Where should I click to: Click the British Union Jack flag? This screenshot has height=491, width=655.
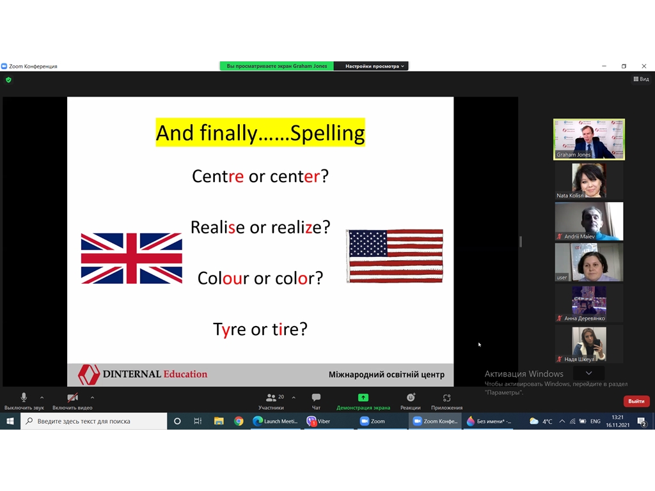(x=132, y=258)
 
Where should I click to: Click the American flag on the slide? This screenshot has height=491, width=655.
(x=395, y=256)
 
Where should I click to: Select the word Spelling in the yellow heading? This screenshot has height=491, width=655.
(x=327, y=133)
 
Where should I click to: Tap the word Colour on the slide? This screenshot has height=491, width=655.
(x=223, y=278)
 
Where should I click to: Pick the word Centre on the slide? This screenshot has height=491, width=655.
(x=217, y=176)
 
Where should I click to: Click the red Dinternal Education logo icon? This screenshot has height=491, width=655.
(x=88, y=374)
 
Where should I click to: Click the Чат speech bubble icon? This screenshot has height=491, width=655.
(x=316, y=397)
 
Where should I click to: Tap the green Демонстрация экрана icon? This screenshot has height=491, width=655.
(x=363, y=398)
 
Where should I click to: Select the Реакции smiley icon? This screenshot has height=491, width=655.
(x=411, y=397)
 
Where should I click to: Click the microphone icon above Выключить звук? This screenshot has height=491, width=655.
(x=24, y=397)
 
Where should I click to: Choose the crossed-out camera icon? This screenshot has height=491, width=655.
(x=73, y=398)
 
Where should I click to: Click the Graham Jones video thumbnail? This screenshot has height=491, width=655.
(x=589, y=139)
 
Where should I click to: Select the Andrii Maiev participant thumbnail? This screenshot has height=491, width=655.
(x=589, y=221)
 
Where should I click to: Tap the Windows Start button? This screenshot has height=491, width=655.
(x=10, y=421)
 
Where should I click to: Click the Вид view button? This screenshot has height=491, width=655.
(x=641, y=79)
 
